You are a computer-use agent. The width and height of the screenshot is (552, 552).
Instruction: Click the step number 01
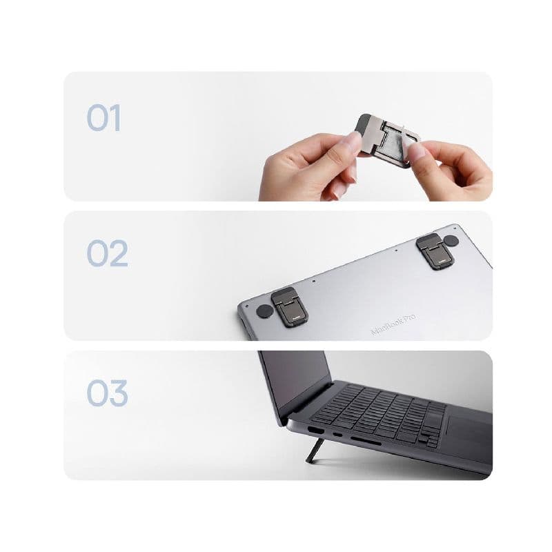(103, 118)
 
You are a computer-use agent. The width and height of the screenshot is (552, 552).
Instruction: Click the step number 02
(107, 255)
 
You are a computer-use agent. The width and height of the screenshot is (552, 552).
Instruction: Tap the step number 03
(107, 393)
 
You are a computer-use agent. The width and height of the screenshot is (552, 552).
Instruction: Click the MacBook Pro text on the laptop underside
(393, 324)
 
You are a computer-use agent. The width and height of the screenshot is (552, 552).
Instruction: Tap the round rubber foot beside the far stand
(451, 240)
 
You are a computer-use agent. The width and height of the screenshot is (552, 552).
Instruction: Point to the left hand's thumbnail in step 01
(353, 142)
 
